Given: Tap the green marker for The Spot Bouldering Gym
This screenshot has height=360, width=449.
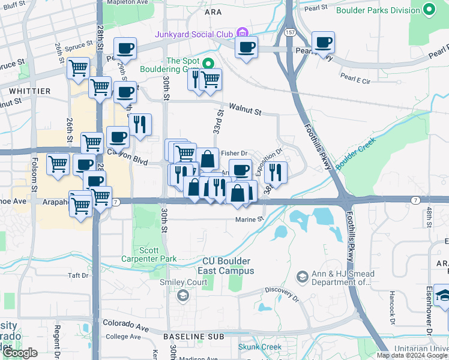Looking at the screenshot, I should (208, 62).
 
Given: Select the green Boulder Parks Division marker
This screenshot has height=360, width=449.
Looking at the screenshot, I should (429, 10).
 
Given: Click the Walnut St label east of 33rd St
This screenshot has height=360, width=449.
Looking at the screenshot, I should (244, 111).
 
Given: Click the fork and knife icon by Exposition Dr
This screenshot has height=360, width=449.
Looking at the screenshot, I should (276, 172).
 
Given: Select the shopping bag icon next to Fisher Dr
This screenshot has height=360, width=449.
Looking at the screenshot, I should (207, 159).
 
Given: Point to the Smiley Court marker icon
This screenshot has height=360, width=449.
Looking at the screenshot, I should (182, 295).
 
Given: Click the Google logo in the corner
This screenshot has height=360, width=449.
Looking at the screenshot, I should (20, 353).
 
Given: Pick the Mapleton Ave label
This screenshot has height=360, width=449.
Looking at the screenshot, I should (127, 2).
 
